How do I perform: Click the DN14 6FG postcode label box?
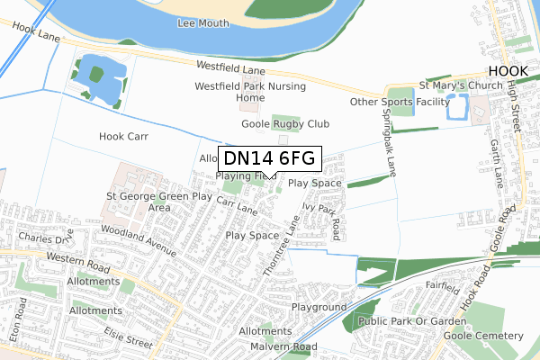pos(270,158)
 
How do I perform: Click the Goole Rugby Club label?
pos(285,123)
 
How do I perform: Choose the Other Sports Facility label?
pos(399,102)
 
